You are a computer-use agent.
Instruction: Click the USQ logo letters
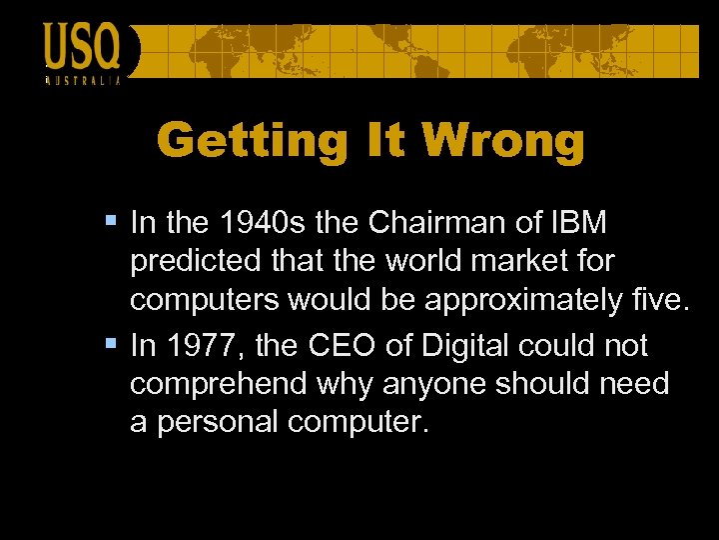point(81,46)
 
